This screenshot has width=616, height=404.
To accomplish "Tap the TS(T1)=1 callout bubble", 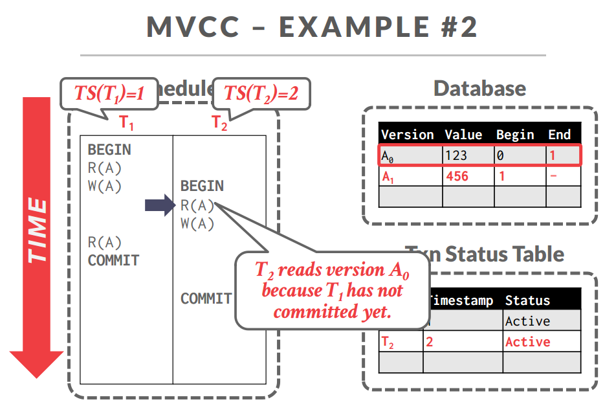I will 108,93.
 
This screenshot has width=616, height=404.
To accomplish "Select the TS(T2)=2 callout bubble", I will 261,93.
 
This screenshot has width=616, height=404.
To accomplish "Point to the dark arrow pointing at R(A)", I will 160,206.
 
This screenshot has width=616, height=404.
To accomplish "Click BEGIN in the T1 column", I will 109,150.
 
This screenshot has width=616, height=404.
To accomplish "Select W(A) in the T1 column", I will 105,186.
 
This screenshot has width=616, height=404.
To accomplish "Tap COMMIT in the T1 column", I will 113,260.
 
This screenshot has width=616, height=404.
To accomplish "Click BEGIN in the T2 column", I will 202,186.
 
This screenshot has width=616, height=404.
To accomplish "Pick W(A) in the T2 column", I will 197,224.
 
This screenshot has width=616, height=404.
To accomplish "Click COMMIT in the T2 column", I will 206,298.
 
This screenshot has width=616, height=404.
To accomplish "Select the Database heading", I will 479,89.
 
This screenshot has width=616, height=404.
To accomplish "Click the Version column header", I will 408,135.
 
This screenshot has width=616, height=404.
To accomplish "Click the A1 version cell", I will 388,177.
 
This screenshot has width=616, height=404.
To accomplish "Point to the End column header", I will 559,135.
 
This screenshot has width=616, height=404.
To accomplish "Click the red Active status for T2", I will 527,342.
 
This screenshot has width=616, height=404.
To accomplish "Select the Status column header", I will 527,300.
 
